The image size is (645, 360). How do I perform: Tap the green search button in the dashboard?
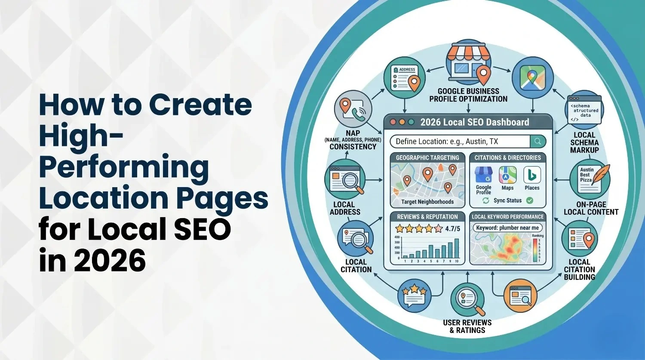[x=538, y=142]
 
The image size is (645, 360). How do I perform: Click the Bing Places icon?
[x=532, y=175]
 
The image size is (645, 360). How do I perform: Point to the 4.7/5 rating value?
[x=452, y=228]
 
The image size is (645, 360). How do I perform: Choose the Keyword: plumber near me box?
[x=507, y=228]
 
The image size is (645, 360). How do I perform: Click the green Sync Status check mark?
[x=530, y=200]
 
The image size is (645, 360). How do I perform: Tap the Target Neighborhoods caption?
[x=427, y=202]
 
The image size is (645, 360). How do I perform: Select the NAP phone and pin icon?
[x=353, y=108]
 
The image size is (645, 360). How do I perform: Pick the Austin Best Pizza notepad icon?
[x=587, y=178]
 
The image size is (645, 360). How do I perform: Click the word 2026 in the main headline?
[x=110, y=261]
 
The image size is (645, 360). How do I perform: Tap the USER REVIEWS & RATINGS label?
[x=467, y=326]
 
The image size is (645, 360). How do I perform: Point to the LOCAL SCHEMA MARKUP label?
[x=584, y=142]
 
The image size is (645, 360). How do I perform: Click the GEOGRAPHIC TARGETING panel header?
[x=427, y=157]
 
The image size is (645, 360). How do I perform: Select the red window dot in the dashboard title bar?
[x=393, y=122]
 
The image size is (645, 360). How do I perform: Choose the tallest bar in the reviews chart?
[x=457, y=248]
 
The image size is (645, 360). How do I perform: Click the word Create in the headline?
[x=200, y=105]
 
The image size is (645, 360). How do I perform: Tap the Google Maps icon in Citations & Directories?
[x=507, y=175]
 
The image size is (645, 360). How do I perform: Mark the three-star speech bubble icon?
[x=414, y=295]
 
